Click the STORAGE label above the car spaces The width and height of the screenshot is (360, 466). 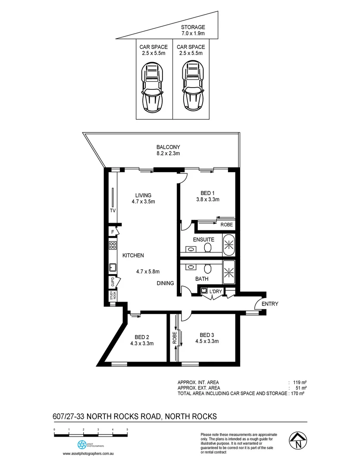coord(193,26)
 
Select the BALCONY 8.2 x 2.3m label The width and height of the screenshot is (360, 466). coord(168,150)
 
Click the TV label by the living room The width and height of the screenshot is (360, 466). coord(113,211)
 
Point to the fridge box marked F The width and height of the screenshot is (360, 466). coord(113,232)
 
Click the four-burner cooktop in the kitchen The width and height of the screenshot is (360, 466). coord(113,246)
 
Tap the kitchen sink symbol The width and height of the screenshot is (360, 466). coord(113,267)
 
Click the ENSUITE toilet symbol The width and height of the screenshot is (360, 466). coord(208,248)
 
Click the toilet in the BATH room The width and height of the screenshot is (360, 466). coord(208,269)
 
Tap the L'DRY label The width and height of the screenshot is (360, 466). coord(216,292)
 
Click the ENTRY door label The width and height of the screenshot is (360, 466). coord(270,304)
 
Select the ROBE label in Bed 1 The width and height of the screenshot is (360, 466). coord(227,225)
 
